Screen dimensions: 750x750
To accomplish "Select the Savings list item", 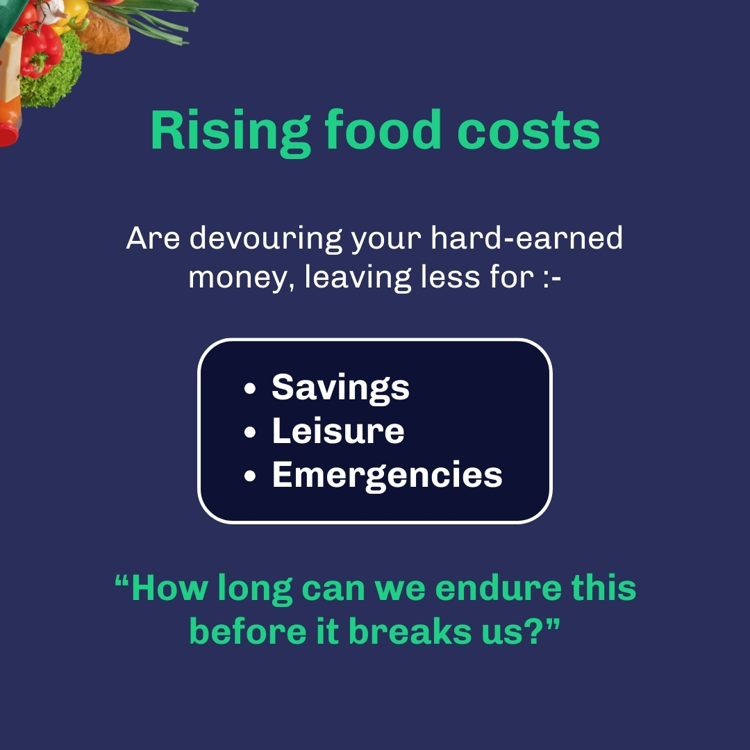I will click(x=340, y=387).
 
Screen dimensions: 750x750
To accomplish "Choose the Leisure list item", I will click(x=337, y=431).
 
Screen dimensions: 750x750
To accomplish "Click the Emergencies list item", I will click(x=387, y=476).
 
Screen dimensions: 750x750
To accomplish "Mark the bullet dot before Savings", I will click(x=251, y=388).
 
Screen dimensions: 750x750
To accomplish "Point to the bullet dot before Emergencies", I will click(x=251, y=477).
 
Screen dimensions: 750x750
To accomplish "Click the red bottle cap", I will click(x=8, y=133).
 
